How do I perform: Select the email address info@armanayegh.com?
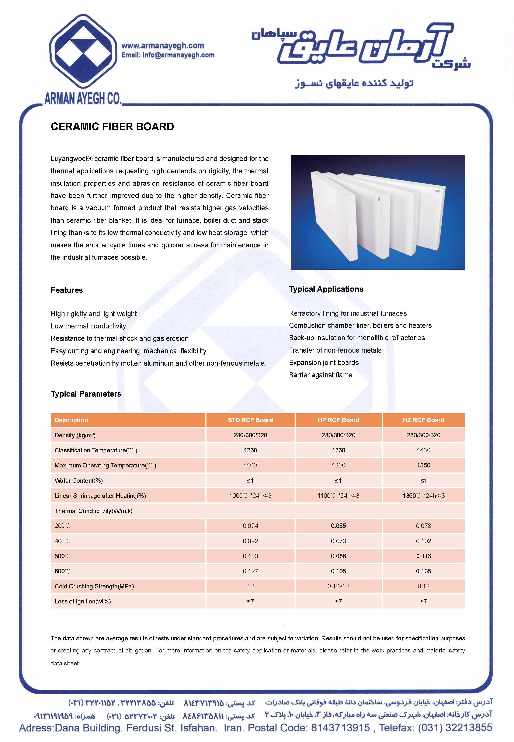178,55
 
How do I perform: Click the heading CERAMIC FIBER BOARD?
112,126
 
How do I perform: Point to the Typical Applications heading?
326,289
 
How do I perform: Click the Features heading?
67,290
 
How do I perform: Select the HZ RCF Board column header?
423,420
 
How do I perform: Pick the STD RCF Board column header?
250,420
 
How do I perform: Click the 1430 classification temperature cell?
423,450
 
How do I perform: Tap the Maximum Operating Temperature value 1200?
338,465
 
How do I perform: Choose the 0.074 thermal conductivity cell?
250,526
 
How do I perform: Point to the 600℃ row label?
62,571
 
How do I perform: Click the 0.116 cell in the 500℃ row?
423,556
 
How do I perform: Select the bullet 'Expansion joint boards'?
324,362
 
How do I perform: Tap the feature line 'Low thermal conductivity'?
88,326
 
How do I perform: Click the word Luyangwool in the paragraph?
69,159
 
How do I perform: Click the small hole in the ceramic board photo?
379,199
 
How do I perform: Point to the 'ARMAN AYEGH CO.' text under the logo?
83,99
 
